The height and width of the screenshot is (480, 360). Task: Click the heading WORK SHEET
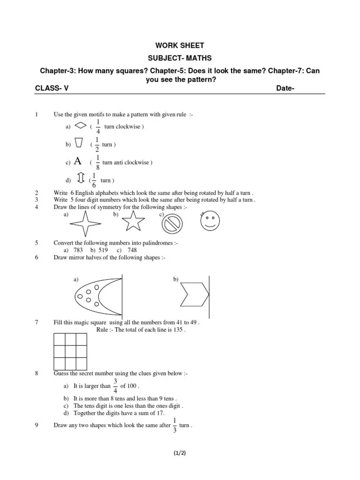[180, 45]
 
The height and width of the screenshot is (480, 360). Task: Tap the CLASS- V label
[52, 88]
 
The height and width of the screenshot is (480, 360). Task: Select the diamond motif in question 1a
[81, 126]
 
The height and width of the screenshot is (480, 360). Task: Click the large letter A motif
[78, 162]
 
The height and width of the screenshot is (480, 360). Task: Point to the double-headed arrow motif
[80, 180]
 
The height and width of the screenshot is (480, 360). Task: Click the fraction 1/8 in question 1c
[97, 162]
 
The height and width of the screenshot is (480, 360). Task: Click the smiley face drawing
[210, 222]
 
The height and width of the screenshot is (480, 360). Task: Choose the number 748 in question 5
[132, 250]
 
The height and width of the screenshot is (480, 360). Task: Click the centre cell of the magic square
[70, 351]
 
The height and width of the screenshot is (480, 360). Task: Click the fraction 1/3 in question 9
[174, 425]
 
